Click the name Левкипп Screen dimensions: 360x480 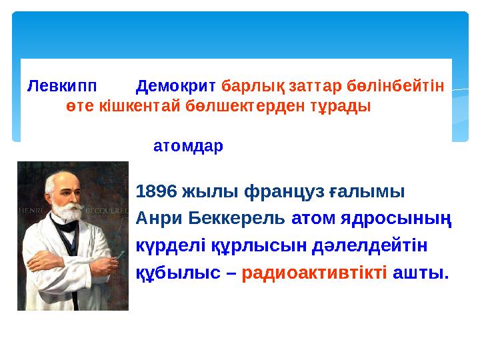pyautogui.click(x=62, y=87)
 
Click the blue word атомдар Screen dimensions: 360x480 pyautogui.click(x=189, y=146)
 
